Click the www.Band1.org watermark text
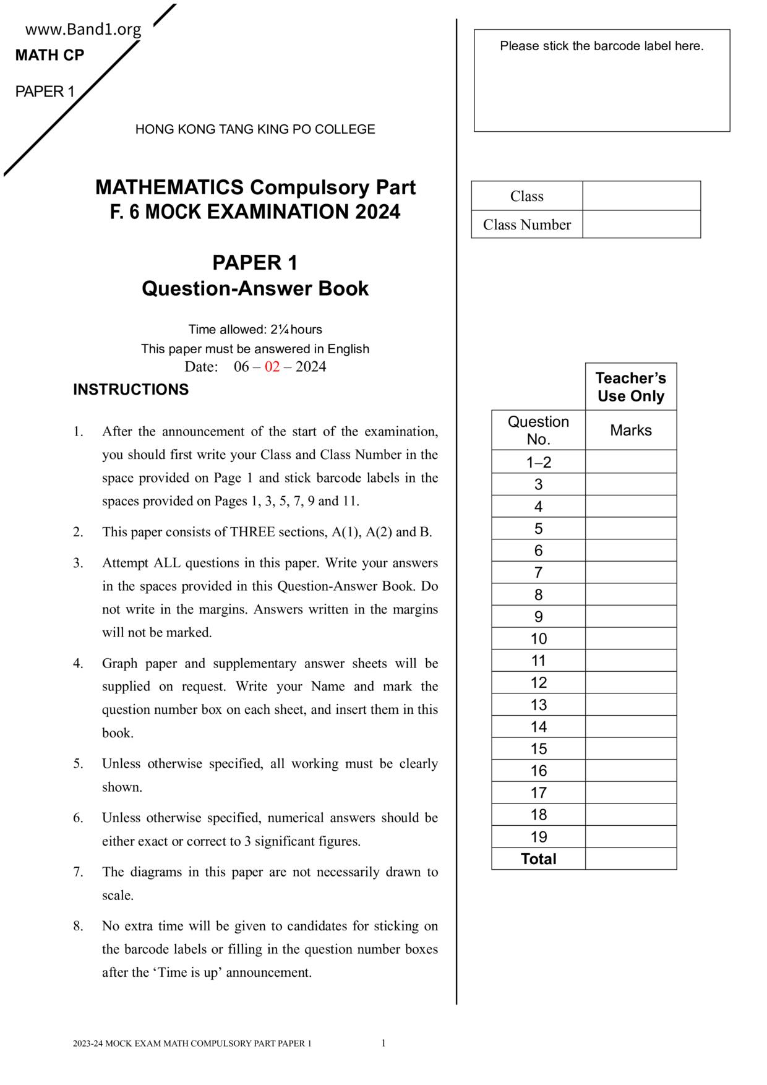point(84,30)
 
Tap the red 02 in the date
point(272,367)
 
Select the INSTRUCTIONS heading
point(131,390)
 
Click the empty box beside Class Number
point(641,225)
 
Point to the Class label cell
point(526,196)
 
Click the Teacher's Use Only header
point(630,387)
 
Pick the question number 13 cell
point(538,705)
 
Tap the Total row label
point(538,859)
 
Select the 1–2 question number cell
point(538,463)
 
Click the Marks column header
point(630,431)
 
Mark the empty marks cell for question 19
point(630,837)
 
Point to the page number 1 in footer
point(383,1044)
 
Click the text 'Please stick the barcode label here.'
point(601,46)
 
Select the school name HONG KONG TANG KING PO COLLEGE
point(255,129)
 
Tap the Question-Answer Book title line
point(255,289)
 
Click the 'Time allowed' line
point(255,330)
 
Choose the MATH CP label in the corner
point(49,56)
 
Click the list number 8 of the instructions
point(78,926)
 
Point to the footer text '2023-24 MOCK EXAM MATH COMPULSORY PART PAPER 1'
point(192,1044)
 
